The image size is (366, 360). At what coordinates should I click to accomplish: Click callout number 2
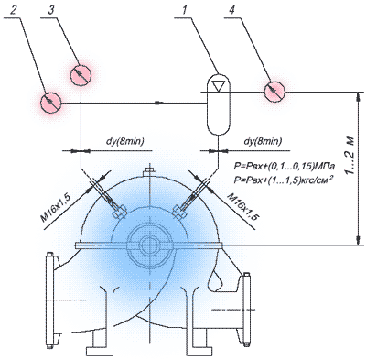(13, 11)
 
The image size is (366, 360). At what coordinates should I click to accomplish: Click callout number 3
(51, 11)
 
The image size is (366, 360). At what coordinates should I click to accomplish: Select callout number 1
(184, 11)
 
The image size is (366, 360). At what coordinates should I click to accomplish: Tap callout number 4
(232, 11)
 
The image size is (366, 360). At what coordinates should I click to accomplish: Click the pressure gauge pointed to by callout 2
(51, 103)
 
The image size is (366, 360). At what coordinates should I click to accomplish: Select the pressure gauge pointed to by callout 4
(274, 92)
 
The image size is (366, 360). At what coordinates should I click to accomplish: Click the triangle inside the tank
(219, 86)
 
